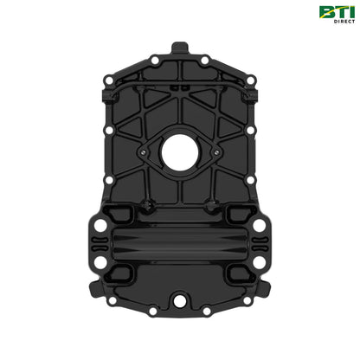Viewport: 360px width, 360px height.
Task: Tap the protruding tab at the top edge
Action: tap(180, 47)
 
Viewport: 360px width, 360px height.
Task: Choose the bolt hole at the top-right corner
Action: tap(251, 80)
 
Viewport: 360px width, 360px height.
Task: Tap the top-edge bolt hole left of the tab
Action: tap(153, 60)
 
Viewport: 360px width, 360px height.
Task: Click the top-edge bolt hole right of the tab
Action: tap(207, 60)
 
